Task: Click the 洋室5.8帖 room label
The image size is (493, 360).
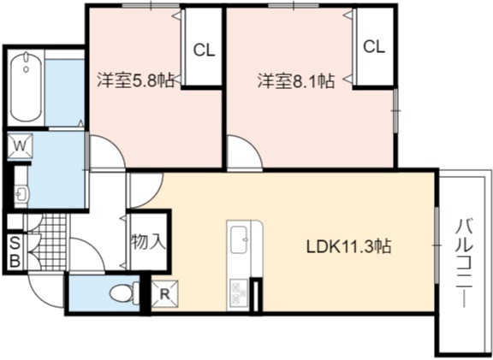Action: [x=135, y=80]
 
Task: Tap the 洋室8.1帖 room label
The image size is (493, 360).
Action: [x=296, y=80]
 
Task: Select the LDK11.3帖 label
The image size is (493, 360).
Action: [x=349, y=246]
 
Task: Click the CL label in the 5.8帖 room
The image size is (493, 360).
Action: [x=204, y=50]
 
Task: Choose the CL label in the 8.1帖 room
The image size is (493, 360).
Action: [x=374, y=47]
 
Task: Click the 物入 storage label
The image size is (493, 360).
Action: [x=148, y=242]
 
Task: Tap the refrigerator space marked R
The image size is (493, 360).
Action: [x=164, y=294]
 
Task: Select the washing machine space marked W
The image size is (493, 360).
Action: [x=21, y=145]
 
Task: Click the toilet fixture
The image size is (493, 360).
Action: [x=124, y=292]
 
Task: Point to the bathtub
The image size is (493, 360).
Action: [x=26, y=87]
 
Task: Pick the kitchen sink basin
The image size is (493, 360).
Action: [x=240, y=239]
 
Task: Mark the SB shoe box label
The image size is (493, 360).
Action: [x=15, y=251]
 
